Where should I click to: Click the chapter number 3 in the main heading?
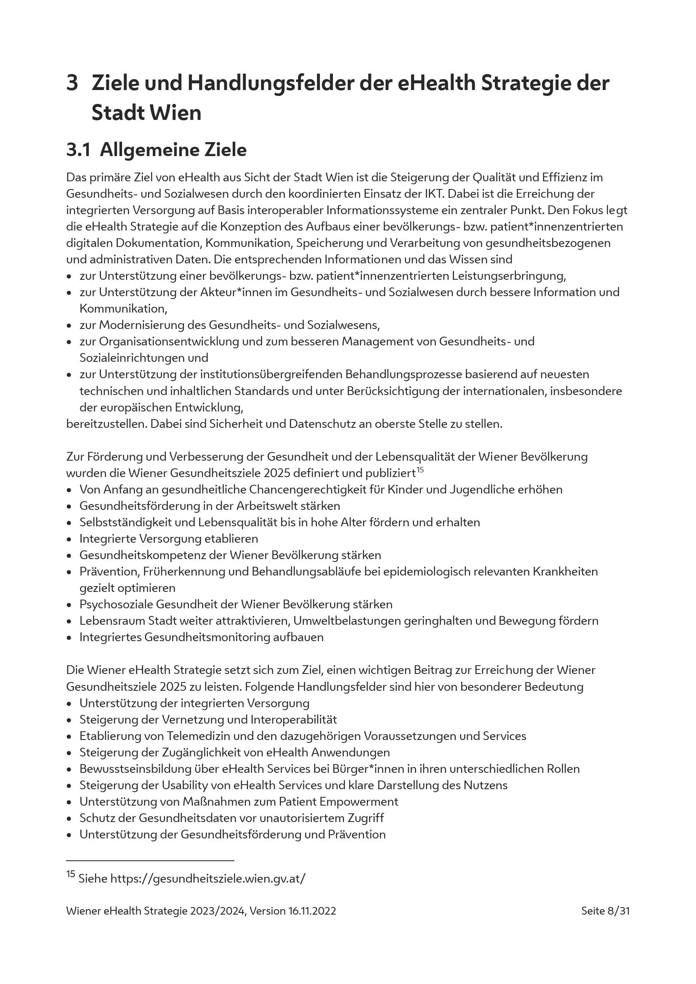point(72,83)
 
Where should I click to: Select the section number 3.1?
point(78,150)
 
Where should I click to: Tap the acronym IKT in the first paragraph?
point(434,194)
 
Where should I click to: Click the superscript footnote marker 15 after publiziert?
point(420,470)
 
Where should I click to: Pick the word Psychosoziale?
point(116,604)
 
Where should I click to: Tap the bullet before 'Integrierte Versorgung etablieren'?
point(69,539)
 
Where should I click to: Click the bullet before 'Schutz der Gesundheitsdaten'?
point(69,819)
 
